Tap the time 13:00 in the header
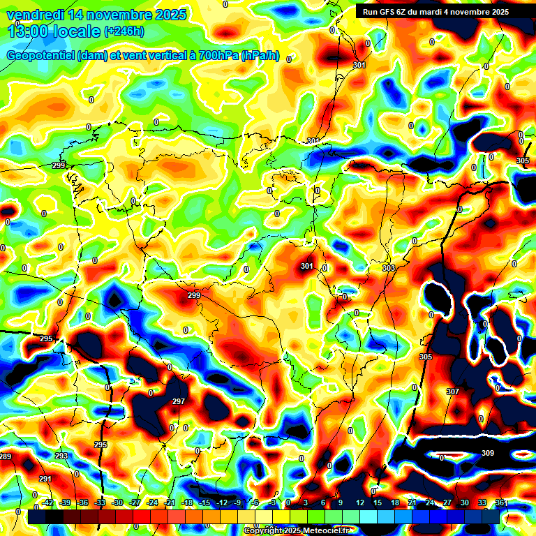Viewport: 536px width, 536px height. [31, 31]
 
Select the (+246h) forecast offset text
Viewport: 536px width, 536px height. [124, 31]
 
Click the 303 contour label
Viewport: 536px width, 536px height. [389, 268]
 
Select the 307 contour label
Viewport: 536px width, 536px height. [453, 392]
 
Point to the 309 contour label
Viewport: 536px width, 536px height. [488, 453]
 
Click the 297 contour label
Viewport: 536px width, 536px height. [179, 401]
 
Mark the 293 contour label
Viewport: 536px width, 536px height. [61, 456]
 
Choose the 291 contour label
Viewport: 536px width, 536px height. [45, 479]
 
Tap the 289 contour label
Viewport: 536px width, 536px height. [6, 456]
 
